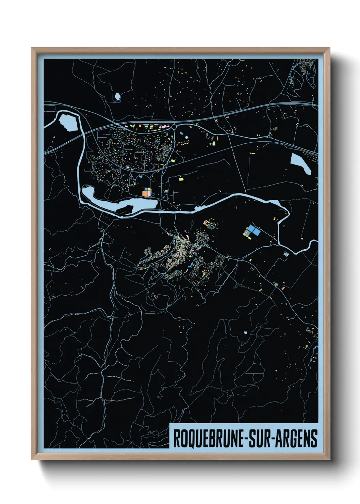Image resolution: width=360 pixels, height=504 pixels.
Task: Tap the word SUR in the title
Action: tap(260, 438)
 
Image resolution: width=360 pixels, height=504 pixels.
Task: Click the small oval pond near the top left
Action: tap(117, 96)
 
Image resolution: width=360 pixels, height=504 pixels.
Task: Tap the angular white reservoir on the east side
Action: tap(301, 163)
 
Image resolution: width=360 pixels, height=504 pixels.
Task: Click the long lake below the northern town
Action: tap(136, 205)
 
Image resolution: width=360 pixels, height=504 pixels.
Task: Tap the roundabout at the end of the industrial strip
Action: tap(174, 127)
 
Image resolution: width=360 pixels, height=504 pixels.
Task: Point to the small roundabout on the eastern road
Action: tap(270, 137)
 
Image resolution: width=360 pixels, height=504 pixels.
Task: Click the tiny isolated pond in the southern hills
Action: tap(245, 332)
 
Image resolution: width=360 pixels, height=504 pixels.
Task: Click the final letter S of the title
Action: tap(314, 438)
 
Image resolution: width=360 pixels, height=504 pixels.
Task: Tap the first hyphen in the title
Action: tap(246, 439)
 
